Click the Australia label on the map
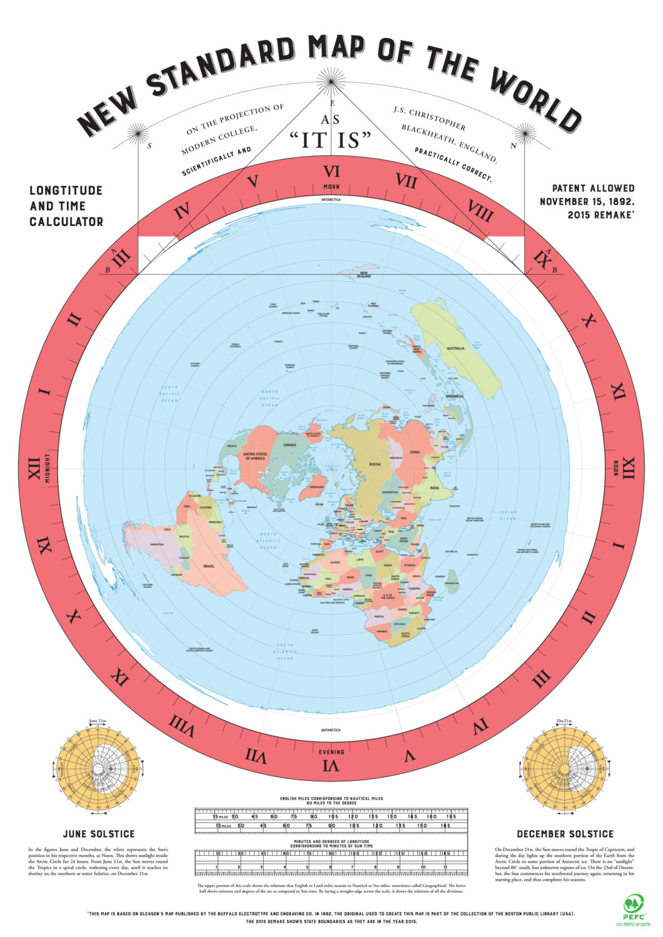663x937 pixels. point(455,348)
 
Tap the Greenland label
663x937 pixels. point(317,486)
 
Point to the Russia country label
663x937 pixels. point(375,464)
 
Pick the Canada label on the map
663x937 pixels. point(289,445)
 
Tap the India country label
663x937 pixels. point(435,487)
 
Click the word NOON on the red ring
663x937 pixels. point(614,469)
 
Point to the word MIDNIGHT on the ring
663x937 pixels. point(47,468)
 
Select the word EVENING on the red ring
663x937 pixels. point(331,752)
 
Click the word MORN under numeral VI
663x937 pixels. point(331,187)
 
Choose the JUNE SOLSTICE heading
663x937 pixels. point(99,834)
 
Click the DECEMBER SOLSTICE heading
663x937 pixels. point(565,834)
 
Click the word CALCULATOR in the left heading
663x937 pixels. point(66,221)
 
